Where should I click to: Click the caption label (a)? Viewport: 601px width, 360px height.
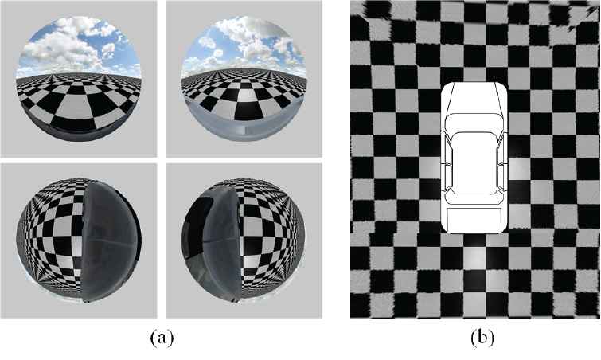pyautogui.click(x=162, y=338)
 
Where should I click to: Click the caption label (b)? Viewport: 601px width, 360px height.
pyautogui.click(x=482, y=338)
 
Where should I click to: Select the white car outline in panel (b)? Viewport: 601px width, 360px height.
pyautogui.click(x=474, y=158)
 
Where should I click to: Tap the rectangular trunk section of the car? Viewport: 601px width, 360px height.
pyautogui.click(x=474, y=219)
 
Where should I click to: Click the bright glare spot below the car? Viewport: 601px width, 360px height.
pyautogui.click(x=474, y=256)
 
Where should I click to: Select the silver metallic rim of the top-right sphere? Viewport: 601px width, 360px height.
pyautogui.click(x=243, y=127)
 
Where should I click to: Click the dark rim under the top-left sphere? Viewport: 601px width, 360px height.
pyautogui.click(x=79, y=132)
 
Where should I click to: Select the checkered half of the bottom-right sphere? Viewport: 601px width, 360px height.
pyautogui.click(x=272, y=241)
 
